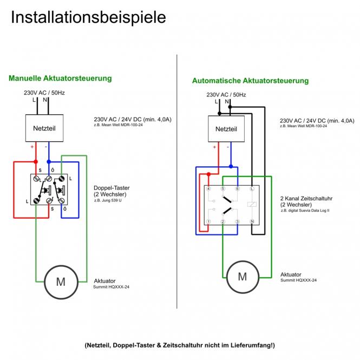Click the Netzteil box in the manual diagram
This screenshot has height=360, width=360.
pos(45,128)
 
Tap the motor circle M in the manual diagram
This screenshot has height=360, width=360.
pos(61,282)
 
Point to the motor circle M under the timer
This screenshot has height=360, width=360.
pos(242,277)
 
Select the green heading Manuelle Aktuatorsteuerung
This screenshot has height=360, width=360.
pos(60,78)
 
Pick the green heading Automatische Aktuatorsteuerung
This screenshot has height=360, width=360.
pos(250,81)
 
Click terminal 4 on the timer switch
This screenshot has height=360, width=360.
pos(208,188)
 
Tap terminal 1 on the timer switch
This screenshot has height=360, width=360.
pos(208,222)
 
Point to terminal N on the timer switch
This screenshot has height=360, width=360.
pos(252,222)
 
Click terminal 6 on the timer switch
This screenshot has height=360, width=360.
pos(237,188)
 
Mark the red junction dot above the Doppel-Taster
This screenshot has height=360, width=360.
pos(36,161)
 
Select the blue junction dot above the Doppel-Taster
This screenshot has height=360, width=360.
pos(49,161)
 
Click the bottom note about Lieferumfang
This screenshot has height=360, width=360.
pos(180,345)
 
